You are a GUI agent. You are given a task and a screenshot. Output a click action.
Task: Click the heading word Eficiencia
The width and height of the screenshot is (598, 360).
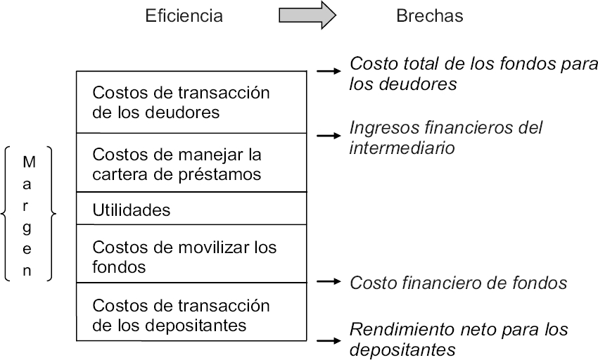[x=184, y=16]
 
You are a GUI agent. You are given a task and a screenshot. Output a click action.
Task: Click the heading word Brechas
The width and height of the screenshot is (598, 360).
[x=429, y=16]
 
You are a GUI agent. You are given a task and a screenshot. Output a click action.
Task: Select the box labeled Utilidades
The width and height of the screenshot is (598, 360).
[x=191, y=209]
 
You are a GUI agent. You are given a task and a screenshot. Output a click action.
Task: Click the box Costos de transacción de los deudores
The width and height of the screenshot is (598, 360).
[x=191, y=102]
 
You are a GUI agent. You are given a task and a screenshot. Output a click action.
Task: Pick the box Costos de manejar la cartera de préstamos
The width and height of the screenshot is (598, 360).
[x=191, y=162]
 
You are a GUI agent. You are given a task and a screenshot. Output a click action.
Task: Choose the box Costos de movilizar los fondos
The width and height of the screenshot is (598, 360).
[x=191, y=257]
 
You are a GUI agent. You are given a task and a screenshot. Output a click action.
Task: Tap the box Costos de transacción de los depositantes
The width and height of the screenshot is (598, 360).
[x=191, y=314]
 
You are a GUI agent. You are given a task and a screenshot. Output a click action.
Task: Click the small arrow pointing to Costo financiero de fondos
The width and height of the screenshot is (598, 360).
[x=328, y=282]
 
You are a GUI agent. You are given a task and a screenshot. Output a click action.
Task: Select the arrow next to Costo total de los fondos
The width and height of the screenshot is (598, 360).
[x=328, y=71]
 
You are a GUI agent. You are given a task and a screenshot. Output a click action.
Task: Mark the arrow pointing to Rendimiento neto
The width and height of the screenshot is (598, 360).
[x=328, y=340]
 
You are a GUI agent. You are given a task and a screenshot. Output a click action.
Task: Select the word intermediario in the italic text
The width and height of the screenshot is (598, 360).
[x=402, y=148]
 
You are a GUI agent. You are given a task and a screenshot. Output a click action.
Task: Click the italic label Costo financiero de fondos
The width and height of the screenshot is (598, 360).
[x=458, y=283]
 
